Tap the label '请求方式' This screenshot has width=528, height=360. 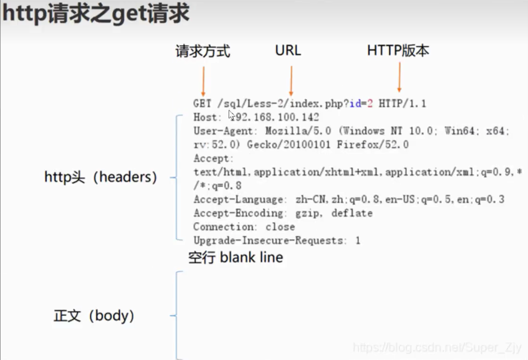203,51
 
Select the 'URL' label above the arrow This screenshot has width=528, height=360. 287,50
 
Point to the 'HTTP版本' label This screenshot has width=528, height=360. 398,51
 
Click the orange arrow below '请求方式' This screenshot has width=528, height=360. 203,81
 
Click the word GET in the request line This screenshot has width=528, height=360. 202,104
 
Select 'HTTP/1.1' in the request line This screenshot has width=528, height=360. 402,104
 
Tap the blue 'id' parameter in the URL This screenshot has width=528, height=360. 355,104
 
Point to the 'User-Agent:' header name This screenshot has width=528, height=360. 225,131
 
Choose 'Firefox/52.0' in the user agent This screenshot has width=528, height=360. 373,145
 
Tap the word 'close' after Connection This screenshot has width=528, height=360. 280,227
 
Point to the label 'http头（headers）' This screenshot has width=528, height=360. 100,178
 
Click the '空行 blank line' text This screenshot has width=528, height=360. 235,258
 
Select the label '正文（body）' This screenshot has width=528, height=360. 94,316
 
